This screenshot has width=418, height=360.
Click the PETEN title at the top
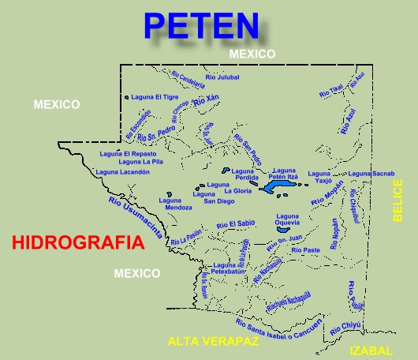click(201, 25)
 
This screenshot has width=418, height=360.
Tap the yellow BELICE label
click(397, 201)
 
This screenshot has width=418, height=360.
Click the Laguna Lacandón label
click(122, 171)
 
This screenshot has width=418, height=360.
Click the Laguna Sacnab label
click(370, 173)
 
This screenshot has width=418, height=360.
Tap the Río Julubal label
click(222, 77)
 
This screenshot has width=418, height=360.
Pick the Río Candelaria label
click(188, 80)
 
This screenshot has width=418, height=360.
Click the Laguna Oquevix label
click(287, 219)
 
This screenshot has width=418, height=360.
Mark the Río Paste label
click(306, 249)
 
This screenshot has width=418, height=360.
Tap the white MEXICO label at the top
click(252, 54)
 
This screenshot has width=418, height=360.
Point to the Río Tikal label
click(331, 92)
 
